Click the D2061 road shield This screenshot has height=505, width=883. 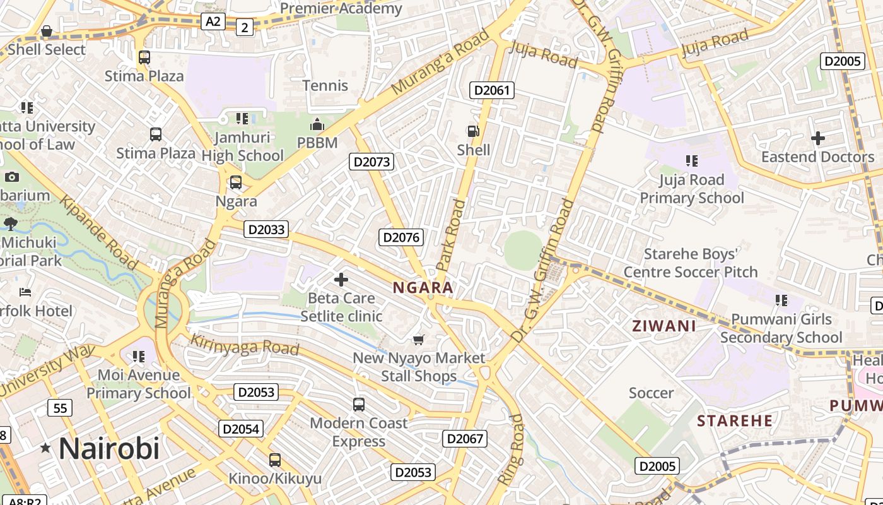click(492, 90)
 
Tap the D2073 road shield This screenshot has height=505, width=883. click(371, 162)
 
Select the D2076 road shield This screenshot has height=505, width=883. click(401, 237)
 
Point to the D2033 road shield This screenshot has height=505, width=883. click(266, 229)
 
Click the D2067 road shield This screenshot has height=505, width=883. click(465, 439)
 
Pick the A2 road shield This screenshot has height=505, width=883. click(213, 21)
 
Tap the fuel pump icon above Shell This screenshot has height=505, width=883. click(473, 131)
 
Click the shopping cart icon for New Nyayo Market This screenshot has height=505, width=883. click(418, 340)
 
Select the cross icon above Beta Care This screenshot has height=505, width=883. click(341, 279)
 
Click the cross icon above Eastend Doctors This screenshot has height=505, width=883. click(818, 138)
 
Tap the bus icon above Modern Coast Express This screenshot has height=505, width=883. click(359, 404)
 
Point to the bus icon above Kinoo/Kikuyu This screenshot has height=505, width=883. click(275, 460)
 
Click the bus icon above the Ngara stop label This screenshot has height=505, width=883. click(236, 182)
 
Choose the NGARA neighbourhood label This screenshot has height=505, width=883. click(423, 288)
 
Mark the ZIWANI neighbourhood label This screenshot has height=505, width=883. click(664, 326)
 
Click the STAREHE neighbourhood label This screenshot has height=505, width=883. click(735, 420)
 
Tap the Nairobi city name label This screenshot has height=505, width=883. click(109, 449)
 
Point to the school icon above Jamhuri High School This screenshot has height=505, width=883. click(242, 118)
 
